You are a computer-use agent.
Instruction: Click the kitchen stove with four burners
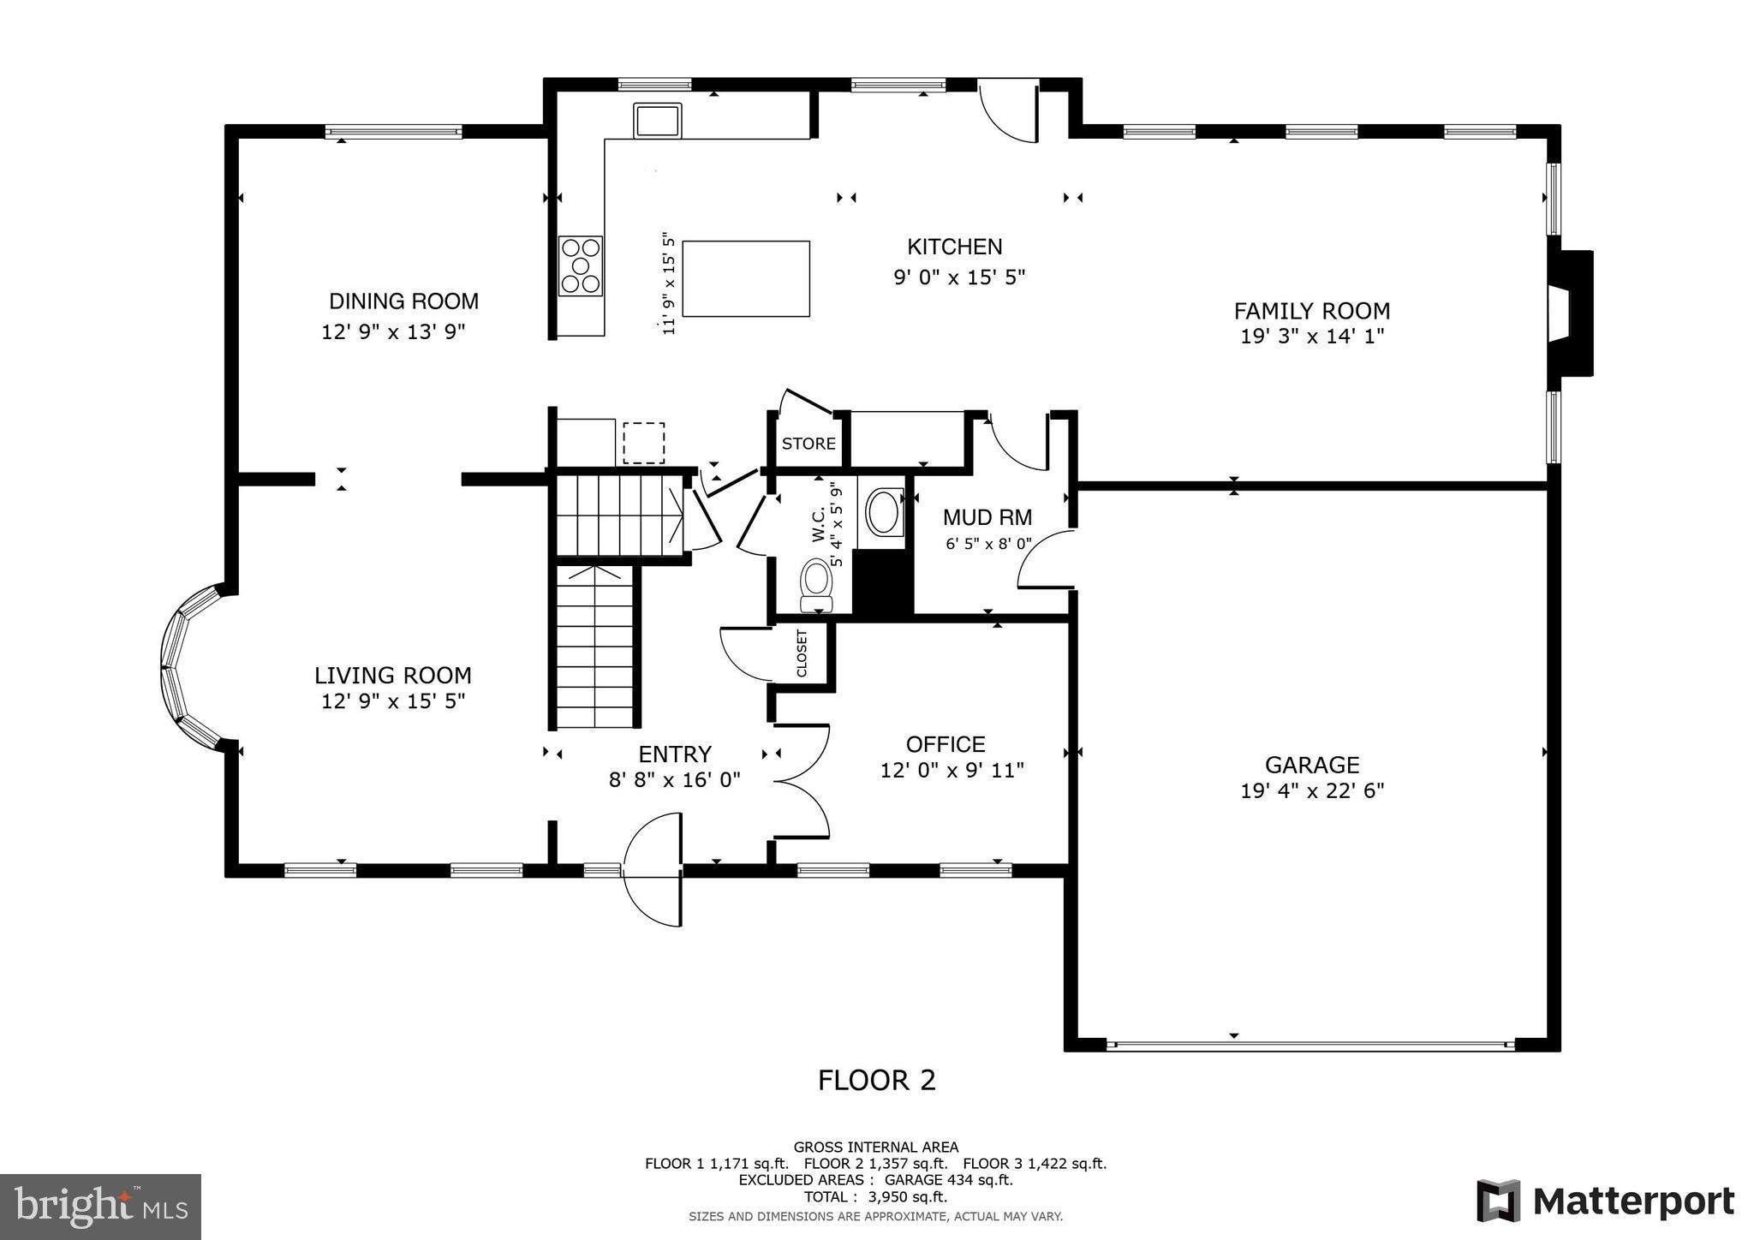pos(581,265)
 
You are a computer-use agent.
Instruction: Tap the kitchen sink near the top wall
pos(657,120)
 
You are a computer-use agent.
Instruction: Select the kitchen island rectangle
pos(746,278)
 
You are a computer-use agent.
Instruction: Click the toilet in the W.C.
pos(816,585)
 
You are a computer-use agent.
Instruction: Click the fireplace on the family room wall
pos(1570,313)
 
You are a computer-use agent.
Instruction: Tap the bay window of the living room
pos(190,666)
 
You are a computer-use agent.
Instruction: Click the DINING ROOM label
pos(403,301)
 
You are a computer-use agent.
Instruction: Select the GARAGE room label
pos(1312,765)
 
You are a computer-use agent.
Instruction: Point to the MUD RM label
pos(987,517)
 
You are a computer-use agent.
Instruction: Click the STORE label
pos(808,444)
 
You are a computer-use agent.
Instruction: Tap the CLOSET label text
pos(802,654)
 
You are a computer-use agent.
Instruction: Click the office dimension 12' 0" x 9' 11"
pos(952,771)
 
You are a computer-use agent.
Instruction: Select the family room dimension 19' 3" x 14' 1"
pos(1312,337)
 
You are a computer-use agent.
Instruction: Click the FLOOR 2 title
pos(877,1081)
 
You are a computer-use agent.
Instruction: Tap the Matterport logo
pos(1606,1201)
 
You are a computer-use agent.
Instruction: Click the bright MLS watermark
pos(101,1207)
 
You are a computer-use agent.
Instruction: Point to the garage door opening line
pos(1311,1045)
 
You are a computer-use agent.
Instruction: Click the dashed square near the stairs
pos(643,443)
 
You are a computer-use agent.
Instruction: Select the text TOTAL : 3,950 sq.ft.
pos(875,1197)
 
